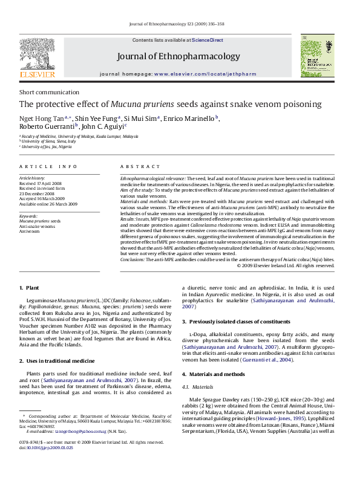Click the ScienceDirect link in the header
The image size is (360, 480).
coord(208,40)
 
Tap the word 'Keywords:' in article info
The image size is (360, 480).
coord(29,216)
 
